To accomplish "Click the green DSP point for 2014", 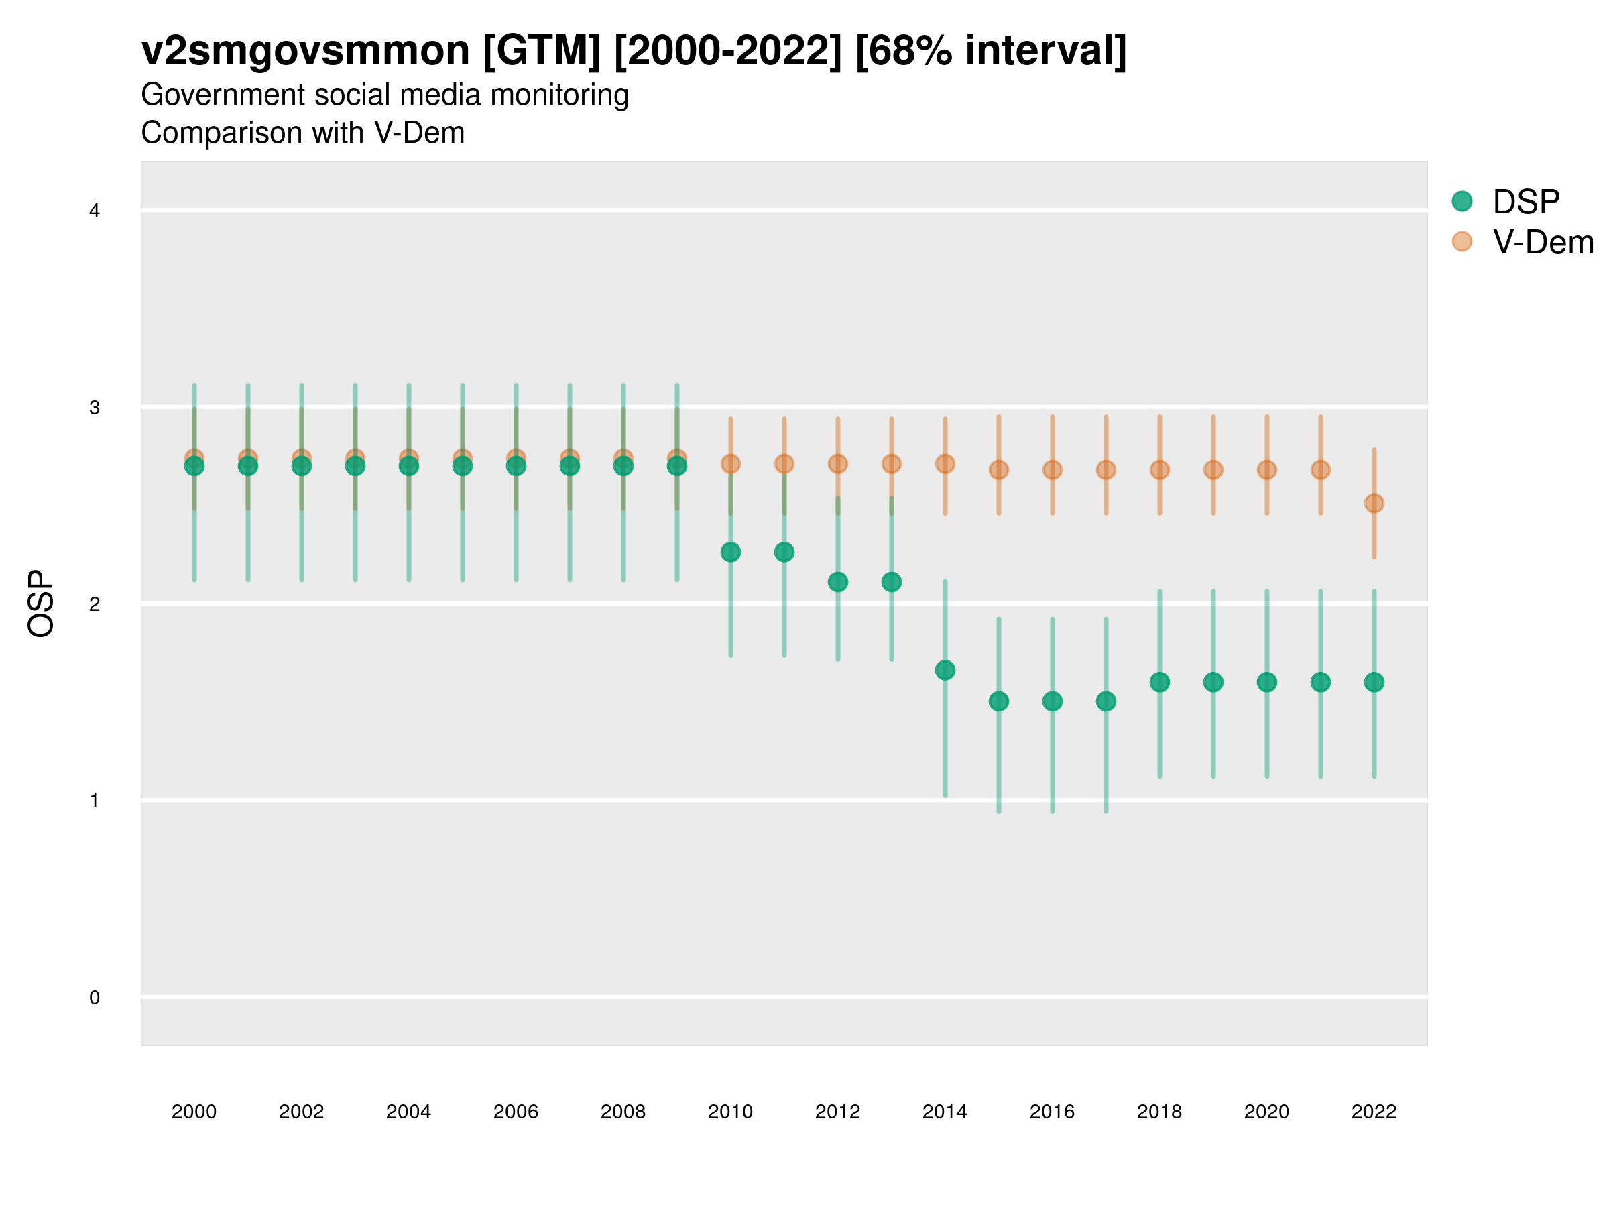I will click(945, 670).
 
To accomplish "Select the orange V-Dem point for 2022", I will click(1374, 503).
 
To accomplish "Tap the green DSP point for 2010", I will click(730, 553).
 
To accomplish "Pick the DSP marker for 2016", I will click(1053, 701).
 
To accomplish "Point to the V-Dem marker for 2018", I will click(1159, 470).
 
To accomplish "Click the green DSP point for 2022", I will click(1374, 683).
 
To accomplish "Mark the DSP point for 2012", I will click(838, 582).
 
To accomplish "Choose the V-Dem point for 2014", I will click(945, 463).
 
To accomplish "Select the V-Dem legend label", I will click(1543, 242).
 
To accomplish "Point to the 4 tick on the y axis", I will click(95, 211).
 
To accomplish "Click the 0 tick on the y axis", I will click(95, 998).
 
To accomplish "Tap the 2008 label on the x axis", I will click(623, 1112).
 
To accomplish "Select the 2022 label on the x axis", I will click(1374, 1112).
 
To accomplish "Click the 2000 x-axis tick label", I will click(194, 1112).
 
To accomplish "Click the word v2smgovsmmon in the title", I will click(306, 51).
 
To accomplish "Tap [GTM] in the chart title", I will click(541, 51).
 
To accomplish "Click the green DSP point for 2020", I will click(1267, 683).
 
